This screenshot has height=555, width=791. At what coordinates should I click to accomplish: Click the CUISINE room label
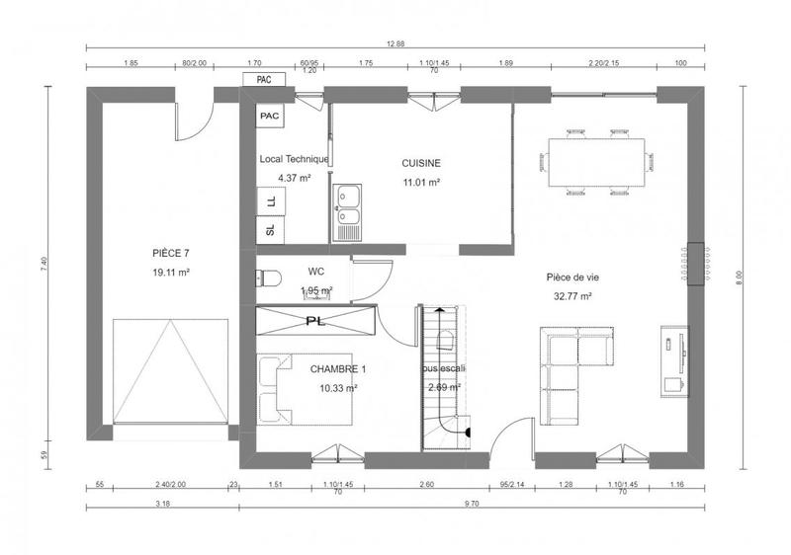pyautogui.click(x=420, y=163)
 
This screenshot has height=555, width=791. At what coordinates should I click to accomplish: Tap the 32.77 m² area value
pyautogui.click(x=572, y=295)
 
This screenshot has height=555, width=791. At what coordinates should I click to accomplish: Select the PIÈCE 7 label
pyautogui.click(x=171, y=254)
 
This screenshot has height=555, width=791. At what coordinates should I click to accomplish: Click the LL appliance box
pyautogui.click(x=270, y=200)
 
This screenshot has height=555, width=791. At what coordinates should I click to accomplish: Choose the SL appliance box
pyautogui.click(x=270, y=231)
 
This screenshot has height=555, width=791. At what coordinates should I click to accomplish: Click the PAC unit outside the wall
pyautogui.click(x=264, y=79)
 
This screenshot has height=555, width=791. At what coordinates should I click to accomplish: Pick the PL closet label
pyautogui.click(x=315, y=321)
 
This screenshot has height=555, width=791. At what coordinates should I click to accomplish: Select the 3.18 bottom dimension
pyautogui.click(x=162, y=504)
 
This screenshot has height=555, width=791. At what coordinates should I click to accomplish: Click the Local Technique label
pyautogui.click(x=294, y=159)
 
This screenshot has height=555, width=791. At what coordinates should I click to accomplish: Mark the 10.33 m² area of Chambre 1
pyautogui.click(x=338, y=388)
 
